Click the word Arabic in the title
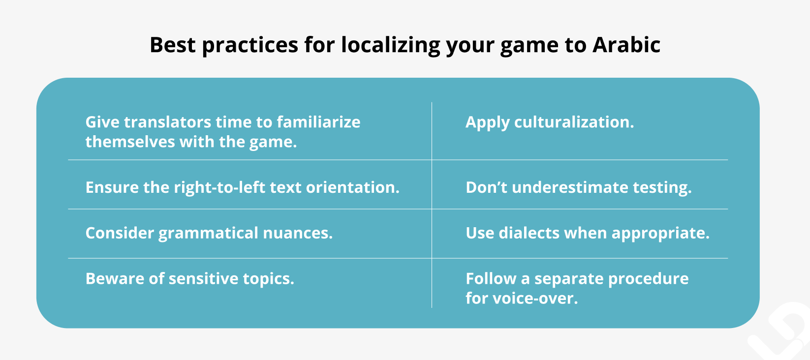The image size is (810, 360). (626, 45)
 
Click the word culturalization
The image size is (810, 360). (574, 122)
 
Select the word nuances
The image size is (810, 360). (298, 233)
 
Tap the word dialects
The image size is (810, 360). (529, 233)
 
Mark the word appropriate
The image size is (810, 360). (660, 234)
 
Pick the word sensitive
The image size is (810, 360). (203, 279)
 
